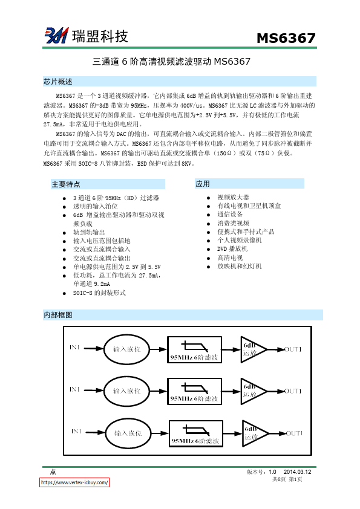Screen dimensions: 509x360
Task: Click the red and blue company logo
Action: point(56,36)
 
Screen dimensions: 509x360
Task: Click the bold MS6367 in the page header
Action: point(286,38)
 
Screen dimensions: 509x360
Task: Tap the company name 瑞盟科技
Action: point(100,36)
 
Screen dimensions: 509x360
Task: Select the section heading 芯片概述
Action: point(58,82)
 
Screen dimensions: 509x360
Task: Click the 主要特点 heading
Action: point(66,184)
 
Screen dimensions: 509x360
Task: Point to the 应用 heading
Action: point(203,184)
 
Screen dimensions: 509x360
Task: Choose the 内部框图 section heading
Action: point(58,315)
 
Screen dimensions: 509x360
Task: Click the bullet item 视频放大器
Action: point(233,197)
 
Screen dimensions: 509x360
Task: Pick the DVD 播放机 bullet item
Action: point(232,248)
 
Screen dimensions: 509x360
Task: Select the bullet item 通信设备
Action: point(230,214)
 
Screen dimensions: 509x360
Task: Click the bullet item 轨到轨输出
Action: point(89,232)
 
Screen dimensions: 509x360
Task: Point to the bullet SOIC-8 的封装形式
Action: point(99,293)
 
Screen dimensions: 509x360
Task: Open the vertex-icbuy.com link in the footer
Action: point(75,483)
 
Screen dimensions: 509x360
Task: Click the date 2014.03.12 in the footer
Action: point(297,472)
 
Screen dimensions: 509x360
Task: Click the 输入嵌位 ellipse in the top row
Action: point(127,349)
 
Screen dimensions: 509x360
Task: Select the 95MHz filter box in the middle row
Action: point(194,391)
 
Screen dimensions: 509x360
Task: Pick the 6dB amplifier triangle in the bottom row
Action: point(254,433)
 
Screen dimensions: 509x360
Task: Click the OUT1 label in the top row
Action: point(293,349)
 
